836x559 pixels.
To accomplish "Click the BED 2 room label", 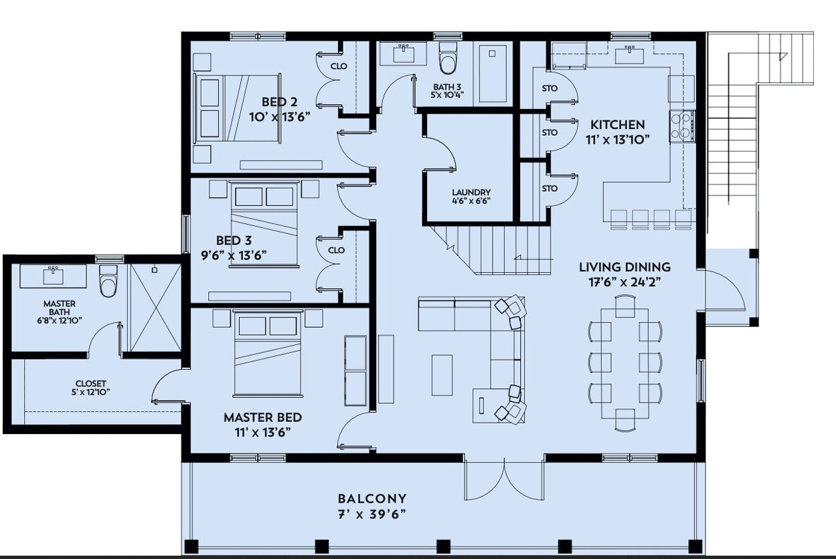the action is pos(279,102).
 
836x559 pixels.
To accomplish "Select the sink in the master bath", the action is pos(54,275).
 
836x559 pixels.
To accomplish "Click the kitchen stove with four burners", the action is pos(683,126).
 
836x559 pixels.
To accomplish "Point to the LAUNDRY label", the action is pos(471,192).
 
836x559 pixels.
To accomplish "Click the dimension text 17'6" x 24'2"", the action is pos(625,282).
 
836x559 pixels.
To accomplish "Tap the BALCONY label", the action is pos(372,499).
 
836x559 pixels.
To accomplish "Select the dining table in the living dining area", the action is pos(625,363).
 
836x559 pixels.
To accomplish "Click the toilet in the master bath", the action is pos(108,281).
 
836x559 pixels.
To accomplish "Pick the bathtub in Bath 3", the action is pos(493,74).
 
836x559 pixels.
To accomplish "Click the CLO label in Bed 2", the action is pos(339,66).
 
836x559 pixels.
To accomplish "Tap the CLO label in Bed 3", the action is pos(336,250).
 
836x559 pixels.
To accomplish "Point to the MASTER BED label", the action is pos(263,417).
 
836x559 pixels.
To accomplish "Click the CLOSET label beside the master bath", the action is pos(90,383).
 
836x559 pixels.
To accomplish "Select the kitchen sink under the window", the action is pos(629,55).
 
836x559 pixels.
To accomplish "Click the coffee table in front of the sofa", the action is pos(442,374).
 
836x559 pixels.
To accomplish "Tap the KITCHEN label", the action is pos(618,124).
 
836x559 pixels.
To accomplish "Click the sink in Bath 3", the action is pos(404,54).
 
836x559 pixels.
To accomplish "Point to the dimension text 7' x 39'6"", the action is pos(371,515).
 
